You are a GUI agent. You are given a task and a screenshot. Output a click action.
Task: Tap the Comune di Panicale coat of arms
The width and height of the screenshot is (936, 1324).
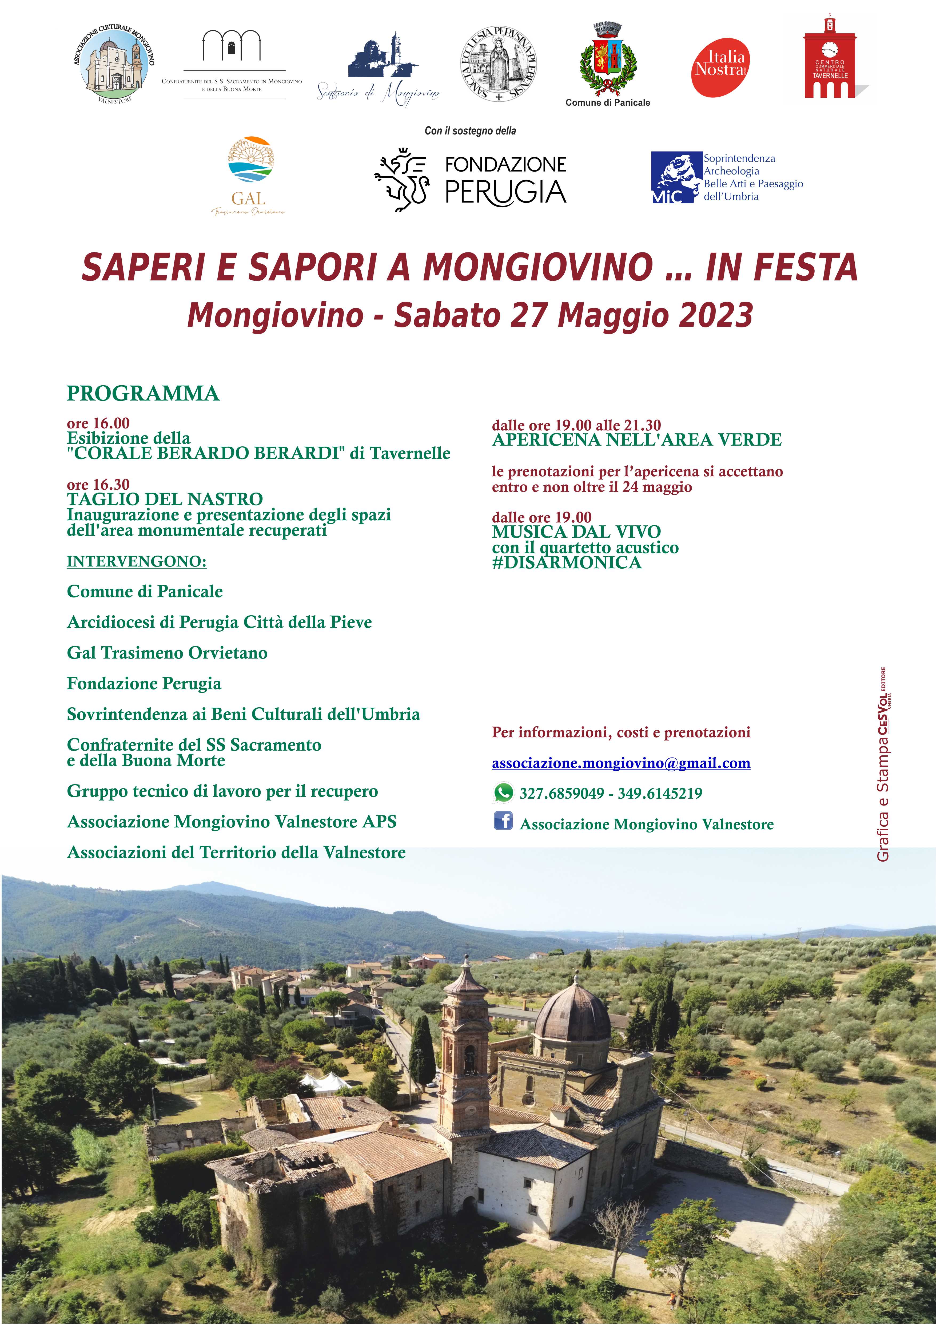pos(607,60)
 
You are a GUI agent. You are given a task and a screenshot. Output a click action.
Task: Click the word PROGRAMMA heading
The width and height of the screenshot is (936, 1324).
pos(143,393)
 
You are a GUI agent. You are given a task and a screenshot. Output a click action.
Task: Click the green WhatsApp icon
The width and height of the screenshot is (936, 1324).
pos(503,793)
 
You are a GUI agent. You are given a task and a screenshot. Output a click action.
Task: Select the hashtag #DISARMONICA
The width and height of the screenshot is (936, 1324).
pos(567,563)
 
